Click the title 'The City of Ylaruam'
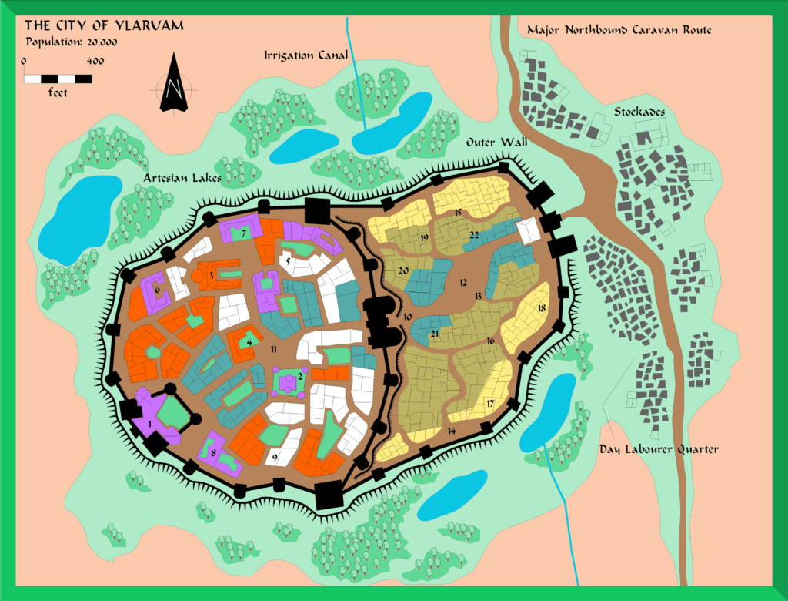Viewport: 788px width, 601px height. click(105, 26)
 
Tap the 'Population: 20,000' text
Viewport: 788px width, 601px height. click(73, 43)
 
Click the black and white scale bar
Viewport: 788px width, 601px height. click(58, 78)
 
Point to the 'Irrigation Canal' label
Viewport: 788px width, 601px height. click(306, 55)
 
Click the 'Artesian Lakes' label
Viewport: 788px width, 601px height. click(182, 179)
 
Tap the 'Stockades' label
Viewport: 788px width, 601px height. click(639, 112)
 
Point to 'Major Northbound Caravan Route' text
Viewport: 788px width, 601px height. click(619, 30)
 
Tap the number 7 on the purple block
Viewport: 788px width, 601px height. click(244, 231)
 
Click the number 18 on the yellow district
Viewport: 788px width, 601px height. click(541, 308)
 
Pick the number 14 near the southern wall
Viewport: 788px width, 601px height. click(451, 431)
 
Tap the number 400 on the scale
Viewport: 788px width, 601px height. click(95, 61)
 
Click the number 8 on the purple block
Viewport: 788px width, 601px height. click(213, 454)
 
